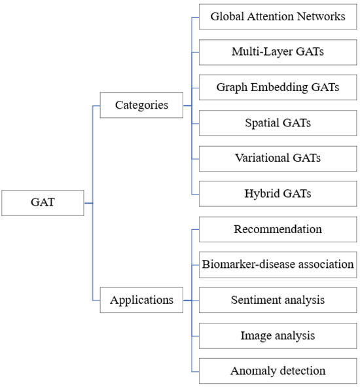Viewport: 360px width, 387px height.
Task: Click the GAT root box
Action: pyautogui.click(x=43, y=202)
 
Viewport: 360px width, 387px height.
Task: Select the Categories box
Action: pyautogui.click(x=141, y=105)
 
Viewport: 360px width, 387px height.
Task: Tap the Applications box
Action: pyautogui.click(x=141, y=301)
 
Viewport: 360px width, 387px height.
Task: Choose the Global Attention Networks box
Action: pyautogui.click(x=278, y=16)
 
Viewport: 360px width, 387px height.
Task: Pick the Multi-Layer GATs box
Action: pyautogui.click(x=278, y=52)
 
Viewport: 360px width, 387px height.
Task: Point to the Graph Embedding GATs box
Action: pyautogui.click(x=278, y=87)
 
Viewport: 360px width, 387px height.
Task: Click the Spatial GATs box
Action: pyautogui.click(x=278, y=122)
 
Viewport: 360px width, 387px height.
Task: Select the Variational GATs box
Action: pyautogui.click(x=278, y=158)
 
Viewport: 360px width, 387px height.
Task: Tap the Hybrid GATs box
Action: pyautogui.click(x=278, y=193)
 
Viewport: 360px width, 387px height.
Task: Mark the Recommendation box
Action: pyautogui.click(x=278, y=229)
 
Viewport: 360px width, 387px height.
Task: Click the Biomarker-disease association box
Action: pyautogui.click(x=278, y=265)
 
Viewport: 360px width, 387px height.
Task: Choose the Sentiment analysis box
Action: pyautogui.click(x=278, y=300)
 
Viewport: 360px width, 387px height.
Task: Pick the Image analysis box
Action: pyautogui.click(x=278, y=335)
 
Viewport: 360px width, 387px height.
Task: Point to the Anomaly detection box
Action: pyautogui.click(x=278, y=371)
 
